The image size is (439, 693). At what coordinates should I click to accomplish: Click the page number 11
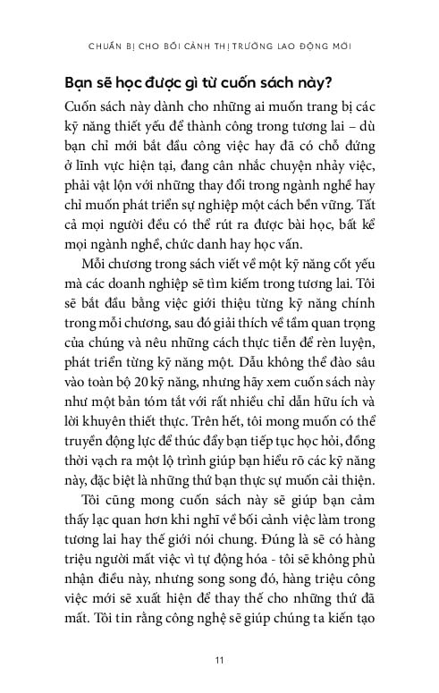(x=218, y=660)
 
